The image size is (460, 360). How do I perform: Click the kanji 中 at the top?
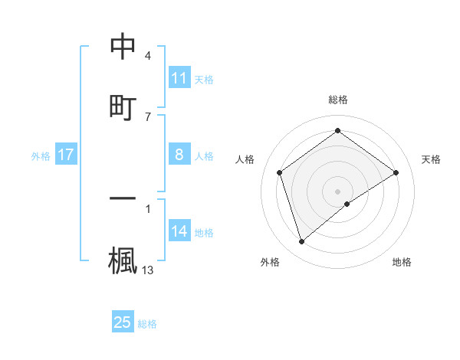[123, 47]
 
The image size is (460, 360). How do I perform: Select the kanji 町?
[123, 106]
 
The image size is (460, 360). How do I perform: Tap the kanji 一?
[123, 198]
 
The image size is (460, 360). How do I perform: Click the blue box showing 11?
[179, 78]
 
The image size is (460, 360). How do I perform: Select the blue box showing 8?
[179, 155]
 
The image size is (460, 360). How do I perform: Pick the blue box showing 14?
[179, 231]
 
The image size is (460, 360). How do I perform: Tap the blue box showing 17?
[66, 155]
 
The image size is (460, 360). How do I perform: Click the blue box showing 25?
[123, 322]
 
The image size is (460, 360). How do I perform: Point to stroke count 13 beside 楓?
[149, 270]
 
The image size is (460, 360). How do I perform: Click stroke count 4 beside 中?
[147, 56]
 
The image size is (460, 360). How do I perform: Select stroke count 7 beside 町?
[147, 116]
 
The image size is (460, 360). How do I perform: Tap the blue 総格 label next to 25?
[147, 324]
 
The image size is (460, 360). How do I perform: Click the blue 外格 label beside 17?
[41, 156]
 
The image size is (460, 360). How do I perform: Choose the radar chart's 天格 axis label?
[431, 159]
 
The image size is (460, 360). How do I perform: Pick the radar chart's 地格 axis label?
[402, 262]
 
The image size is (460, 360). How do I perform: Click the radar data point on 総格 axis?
[337, 130]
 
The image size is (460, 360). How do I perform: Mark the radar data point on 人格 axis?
[280, 172]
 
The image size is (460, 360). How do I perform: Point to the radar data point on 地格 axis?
[347, 204]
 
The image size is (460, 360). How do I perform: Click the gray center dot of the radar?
[337, 191]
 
